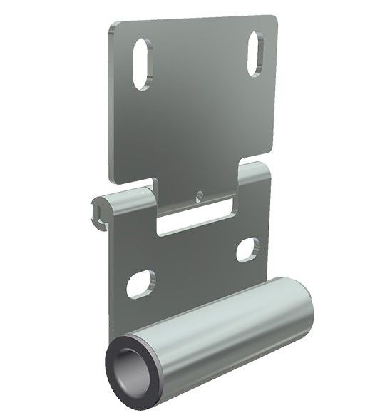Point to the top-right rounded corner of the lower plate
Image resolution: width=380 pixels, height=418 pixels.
pos(265,168)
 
